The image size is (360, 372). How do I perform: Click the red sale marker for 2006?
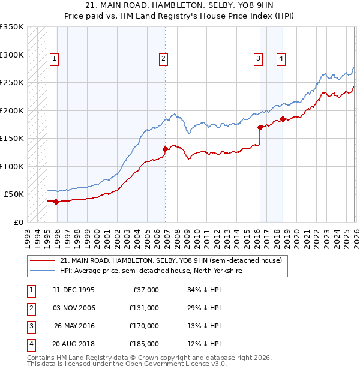click(165, 149)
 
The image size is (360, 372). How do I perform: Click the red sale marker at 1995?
click(56, 202)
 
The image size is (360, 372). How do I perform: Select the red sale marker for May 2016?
click(260, 127)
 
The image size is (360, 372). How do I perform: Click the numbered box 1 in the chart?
click(55, 58)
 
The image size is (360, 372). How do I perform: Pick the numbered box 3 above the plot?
click(258, 58)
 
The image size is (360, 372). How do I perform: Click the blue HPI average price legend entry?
click(151, 271)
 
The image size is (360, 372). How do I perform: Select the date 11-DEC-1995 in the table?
click(73, 290)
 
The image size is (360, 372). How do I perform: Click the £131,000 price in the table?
click(145, 308)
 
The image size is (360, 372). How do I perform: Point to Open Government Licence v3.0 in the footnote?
click(173, 364)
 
